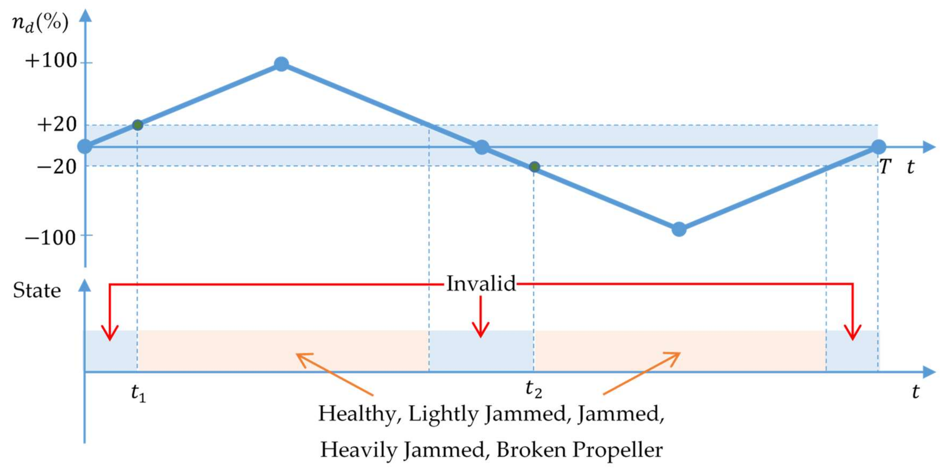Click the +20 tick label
click(57, 125)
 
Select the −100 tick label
click(51, 238)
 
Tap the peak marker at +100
click(281, 64)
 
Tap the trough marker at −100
click(679, 230)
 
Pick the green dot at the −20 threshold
click(535, 167)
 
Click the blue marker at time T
click(878, 147)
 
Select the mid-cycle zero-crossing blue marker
click(482, 147)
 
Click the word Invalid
click(481, 284)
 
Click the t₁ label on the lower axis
click(138, 393)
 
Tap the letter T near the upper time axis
click(885, 167)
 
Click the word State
click(37, 291)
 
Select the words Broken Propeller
click(579, 450)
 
